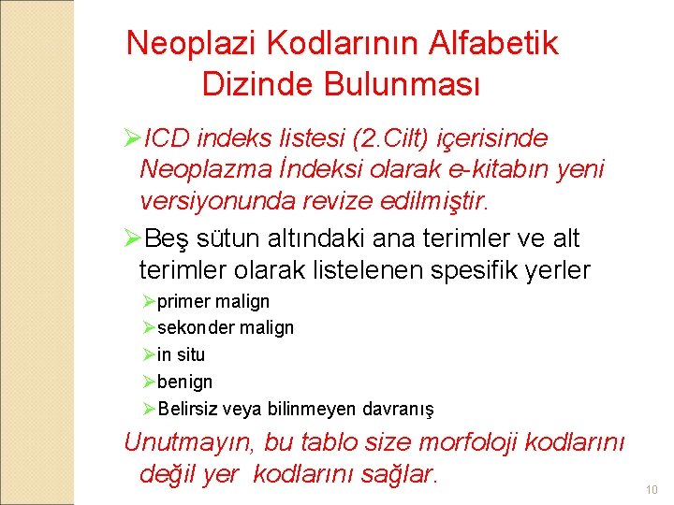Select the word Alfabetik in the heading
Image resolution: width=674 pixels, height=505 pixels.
click(493, 43)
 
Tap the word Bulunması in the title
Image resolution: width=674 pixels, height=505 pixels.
click(403, 84)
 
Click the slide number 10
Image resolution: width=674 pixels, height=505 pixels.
click(652, 490)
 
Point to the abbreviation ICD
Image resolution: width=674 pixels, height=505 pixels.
click(169, 138)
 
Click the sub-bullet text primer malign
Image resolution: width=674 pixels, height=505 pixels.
click(213, 302)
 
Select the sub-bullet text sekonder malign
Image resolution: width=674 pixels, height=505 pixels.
click(226, 328)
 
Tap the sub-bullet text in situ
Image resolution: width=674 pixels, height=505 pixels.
click(181, 355)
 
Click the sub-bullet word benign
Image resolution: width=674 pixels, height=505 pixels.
click(185, 382)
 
